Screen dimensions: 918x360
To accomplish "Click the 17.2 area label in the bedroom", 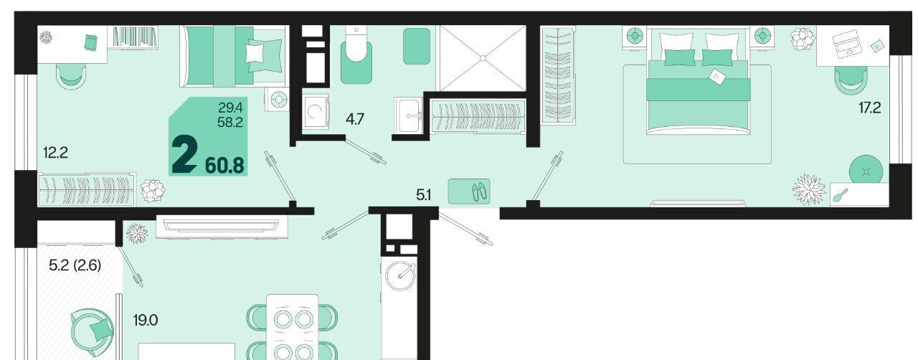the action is [x=870, y=108].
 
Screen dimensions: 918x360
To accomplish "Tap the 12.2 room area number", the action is [x=56, y=153].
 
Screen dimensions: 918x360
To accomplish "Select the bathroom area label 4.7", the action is [x=355, y=119].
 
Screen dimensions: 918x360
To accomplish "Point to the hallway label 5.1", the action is [x=423, y=195].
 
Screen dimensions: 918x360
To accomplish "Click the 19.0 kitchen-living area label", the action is [x=146, y=321].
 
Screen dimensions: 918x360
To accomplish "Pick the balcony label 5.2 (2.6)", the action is [x=75, y=265].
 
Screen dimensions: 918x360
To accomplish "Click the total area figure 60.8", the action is [x=224, y=165].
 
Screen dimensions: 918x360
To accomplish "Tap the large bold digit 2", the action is [x=184, y=155].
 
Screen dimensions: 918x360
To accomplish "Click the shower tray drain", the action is [x=483, y=58].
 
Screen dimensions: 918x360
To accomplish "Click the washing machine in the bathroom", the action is [x=316, y=112].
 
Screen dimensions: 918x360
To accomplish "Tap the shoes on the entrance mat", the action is [x=479, y=191].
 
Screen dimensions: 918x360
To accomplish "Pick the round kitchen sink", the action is [x=400, y=276].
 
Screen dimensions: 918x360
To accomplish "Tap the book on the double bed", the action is [x=716, y=77].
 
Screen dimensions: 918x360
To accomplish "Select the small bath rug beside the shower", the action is [x=417, y=46].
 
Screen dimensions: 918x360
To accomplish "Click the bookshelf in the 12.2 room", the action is [x=135, y=37].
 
